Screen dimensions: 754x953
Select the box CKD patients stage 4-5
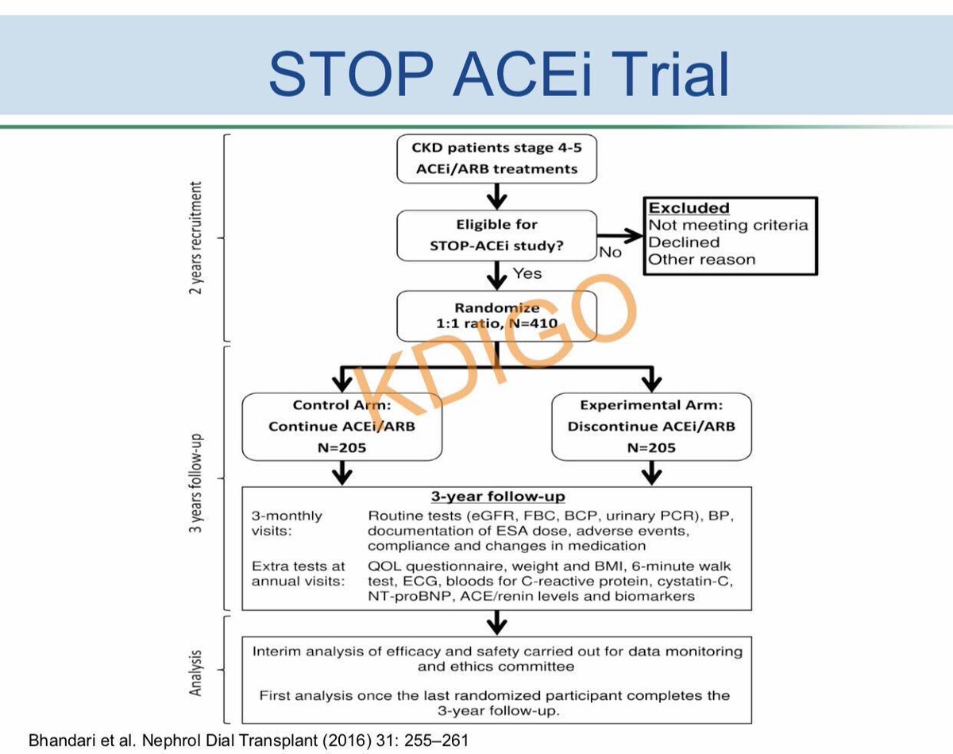[495, 157]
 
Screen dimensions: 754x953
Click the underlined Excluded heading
[689, 208]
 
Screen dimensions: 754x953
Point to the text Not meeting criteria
[728, 225]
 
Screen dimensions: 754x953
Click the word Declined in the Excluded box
[684, 242]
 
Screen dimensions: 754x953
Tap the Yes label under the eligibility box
[527, 273]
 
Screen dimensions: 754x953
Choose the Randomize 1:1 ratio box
[496, 316]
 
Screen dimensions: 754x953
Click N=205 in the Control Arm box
[341, 447]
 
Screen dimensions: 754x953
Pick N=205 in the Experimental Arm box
[650, 447]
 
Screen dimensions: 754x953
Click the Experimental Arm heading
[650, 405]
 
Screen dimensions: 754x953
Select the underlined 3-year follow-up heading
[497, 497]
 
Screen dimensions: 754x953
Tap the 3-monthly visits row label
[287, 524]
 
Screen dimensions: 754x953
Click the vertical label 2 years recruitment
[195, 238]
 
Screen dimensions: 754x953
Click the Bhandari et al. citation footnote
[249, 740]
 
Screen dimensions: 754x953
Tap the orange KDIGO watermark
[492, 350]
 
